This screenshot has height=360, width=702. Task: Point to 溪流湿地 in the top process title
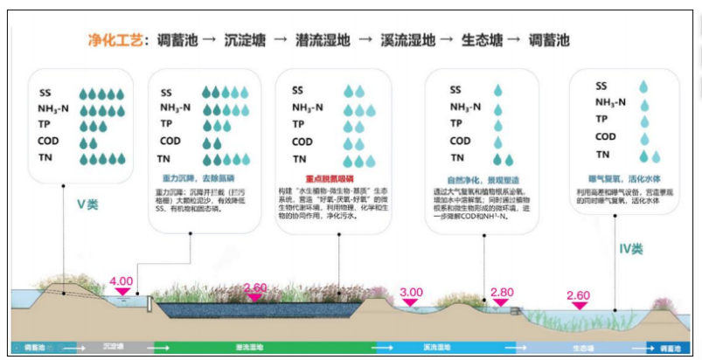click(407, 40)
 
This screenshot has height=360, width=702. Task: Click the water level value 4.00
click(121, 281)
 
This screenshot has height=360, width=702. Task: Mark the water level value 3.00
click(411, 292)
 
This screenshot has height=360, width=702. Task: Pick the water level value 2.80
click(501, 292)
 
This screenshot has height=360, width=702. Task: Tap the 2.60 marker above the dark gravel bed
click(255, 287)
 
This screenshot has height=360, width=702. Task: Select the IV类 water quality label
click(629, 249)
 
